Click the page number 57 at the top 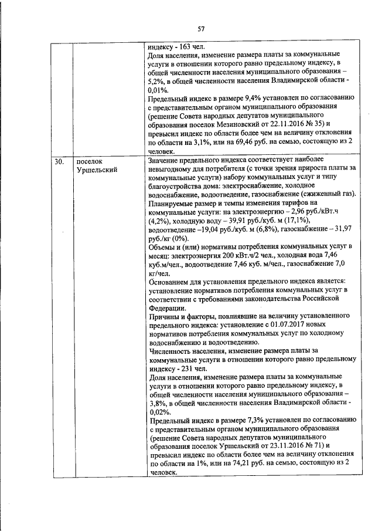[201, 29]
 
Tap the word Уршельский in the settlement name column [97, 169]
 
